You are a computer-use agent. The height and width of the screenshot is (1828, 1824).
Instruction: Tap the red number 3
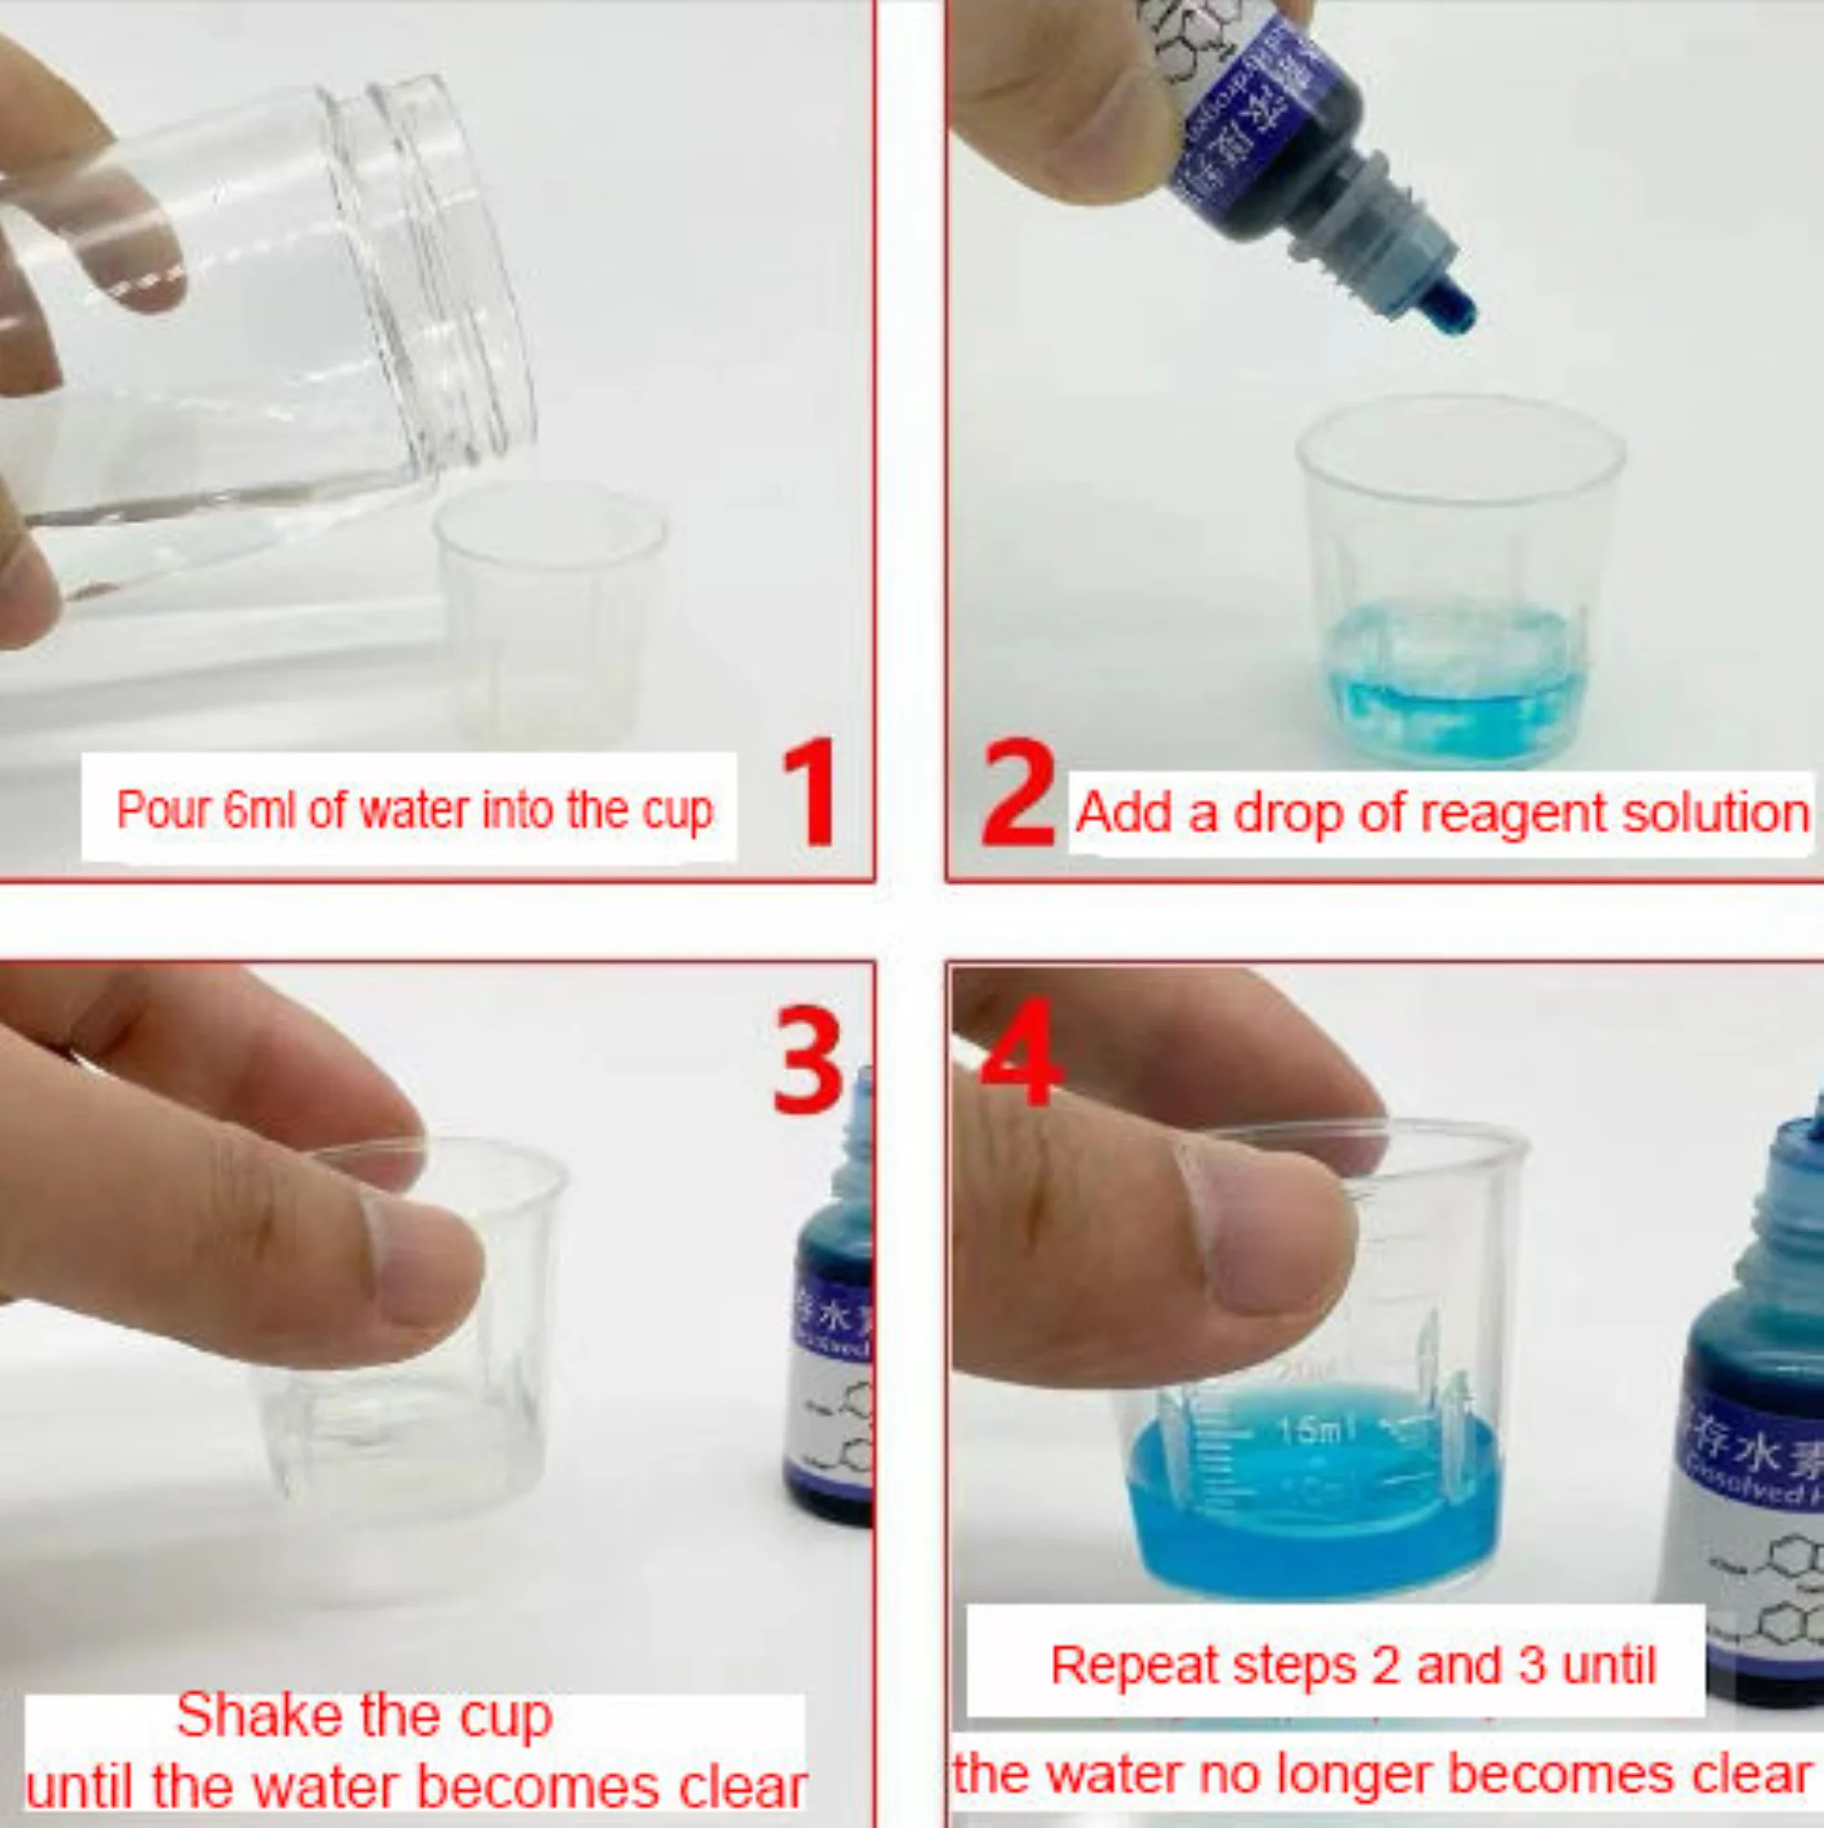(807, 1061)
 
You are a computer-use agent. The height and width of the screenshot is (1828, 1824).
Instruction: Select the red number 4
(1021, 1052)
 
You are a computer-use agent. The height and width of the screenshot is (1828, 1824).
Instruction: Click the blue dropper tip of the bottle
(1449, 310)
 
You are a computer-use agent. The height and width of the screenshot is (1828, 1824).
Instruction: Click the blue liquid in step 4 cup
(1315, 1523)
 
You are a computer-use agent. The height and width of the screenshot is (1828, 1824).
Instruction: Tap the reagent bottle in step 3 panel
(833, 1324)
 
